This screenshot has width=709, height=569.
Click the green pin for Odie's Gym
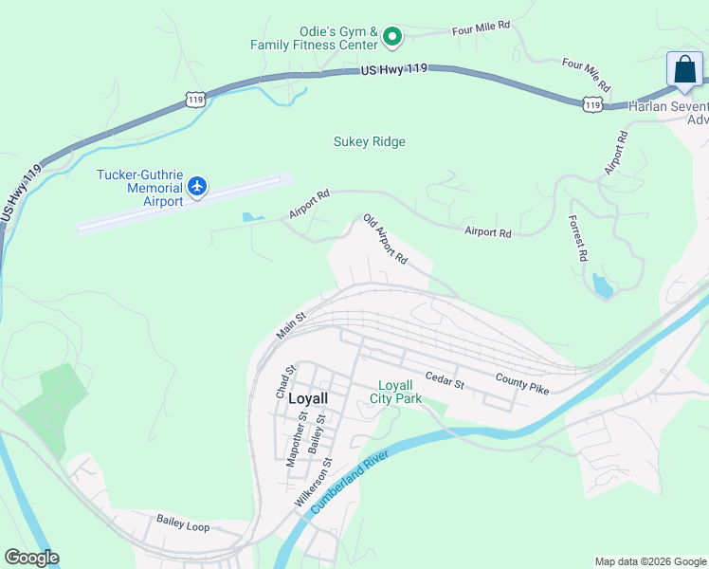pos(392,37)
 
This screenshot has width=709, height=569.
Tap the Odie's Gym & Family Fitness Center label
pos(315,37)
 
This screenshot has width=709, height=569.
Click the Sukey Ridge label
pos(369,142)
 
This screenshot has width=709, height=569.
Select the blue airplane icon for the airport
pos(197,185)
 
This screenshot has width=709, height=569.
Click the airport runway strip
pos(180,202)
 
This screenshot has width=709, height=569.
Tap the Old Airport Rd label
pos(385,239)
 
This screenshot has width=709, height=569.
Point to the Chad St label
pos(282,380)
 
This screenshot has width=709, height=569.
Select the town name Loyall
pos(307,399)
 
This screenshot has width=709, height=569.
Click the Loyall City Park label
pos(395,392)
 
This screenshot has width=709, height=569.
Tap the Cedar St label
pos(444,379)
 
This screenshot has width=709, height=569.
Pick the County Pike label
pos(521,383)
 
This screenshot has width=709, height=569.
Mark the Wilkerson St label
pos(313,483)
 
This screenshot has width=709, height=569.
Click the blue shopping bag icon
pos(684,70)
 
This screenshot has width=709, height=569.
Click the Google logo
pos(31,558)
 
